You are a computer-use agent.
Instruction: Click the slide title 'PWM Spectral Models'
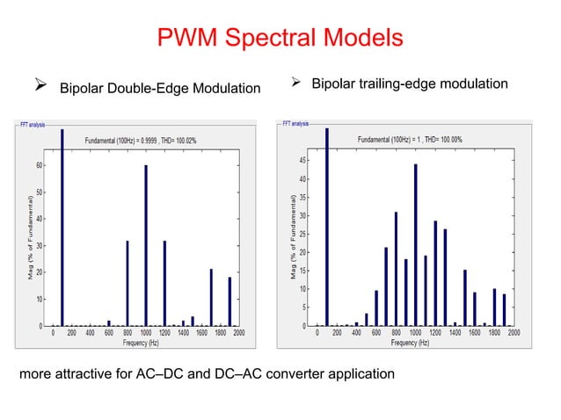280,39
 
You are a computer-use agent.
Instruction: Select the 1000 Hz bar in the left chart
146,245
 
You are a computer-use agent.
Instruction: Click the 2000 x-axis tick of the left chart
239,333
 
